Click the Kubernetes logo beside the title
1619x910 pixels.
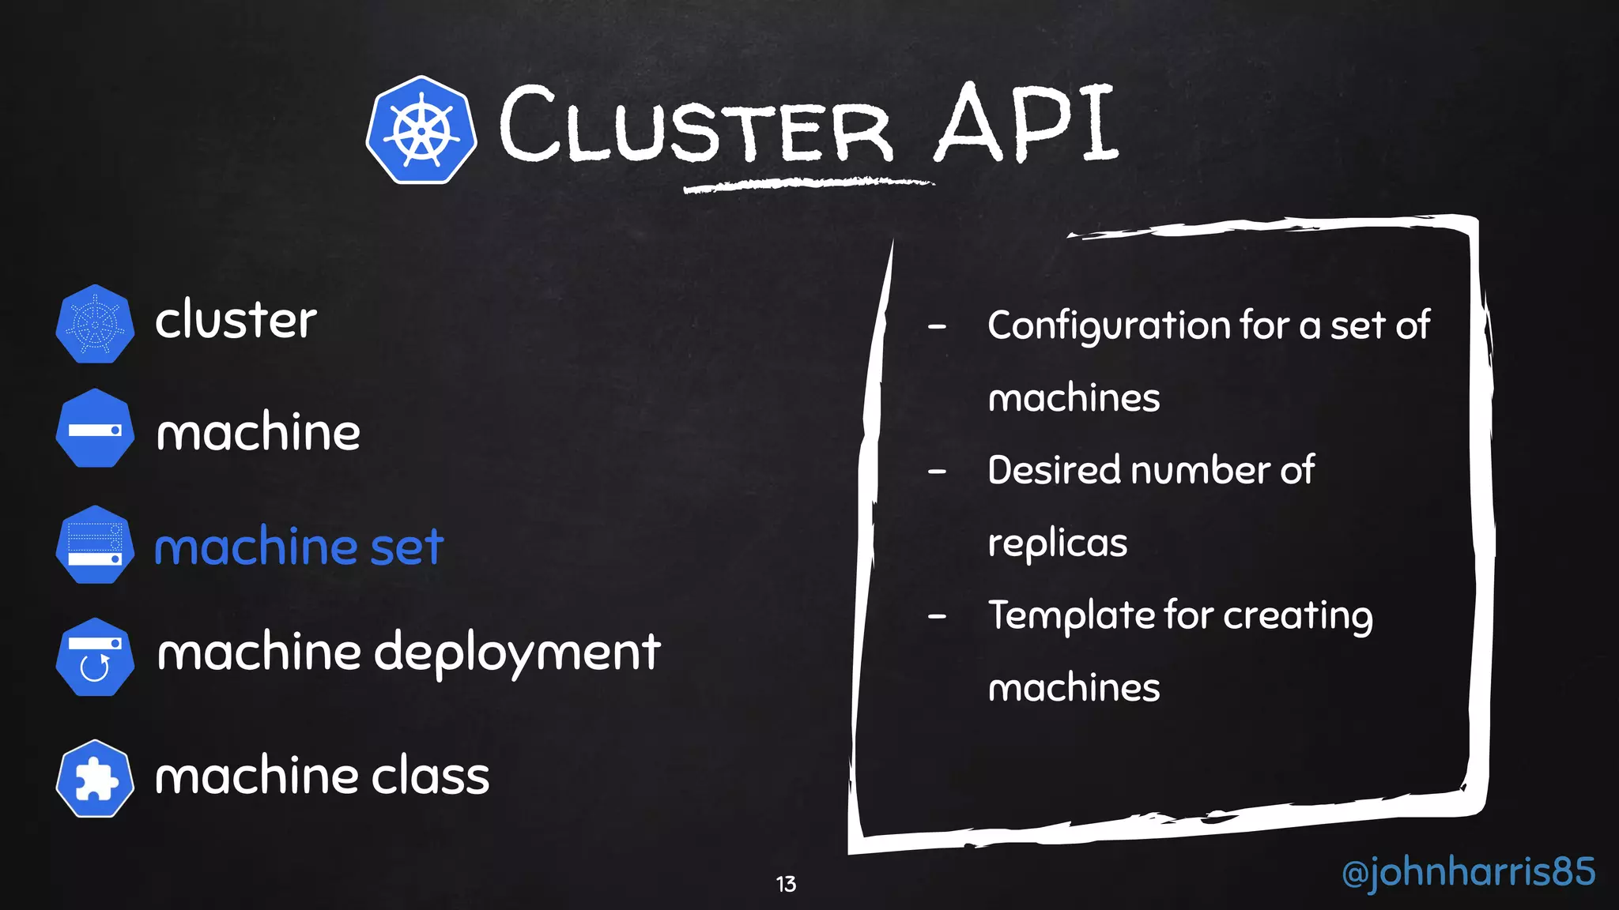click(421, 130)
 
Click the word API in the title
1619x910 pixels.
click(1025, 124)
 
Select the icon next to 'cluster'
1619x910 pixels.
click(95, 324)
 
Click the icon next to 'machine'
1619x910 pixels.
click(95, 429)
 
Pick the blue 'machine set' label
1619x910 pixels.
click(299, 547)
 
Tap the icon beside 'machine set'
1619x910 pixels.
click(95, 545)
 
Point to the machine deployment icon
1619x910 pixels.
click(95, 656)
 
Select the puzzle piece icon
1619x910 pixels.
click(95, 779)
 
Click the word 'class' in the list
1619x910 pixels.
click(431, 776)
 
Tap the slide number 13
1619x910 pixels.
click(786, 884)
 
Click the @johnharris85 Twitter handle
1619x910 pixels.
click(1468, 872)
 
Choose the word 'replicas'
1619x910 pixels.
click(1057, 543)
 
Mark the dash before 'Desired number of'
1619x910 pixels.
click(938, 472)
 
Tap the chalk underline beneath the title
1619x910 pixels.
click(808, 186)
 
